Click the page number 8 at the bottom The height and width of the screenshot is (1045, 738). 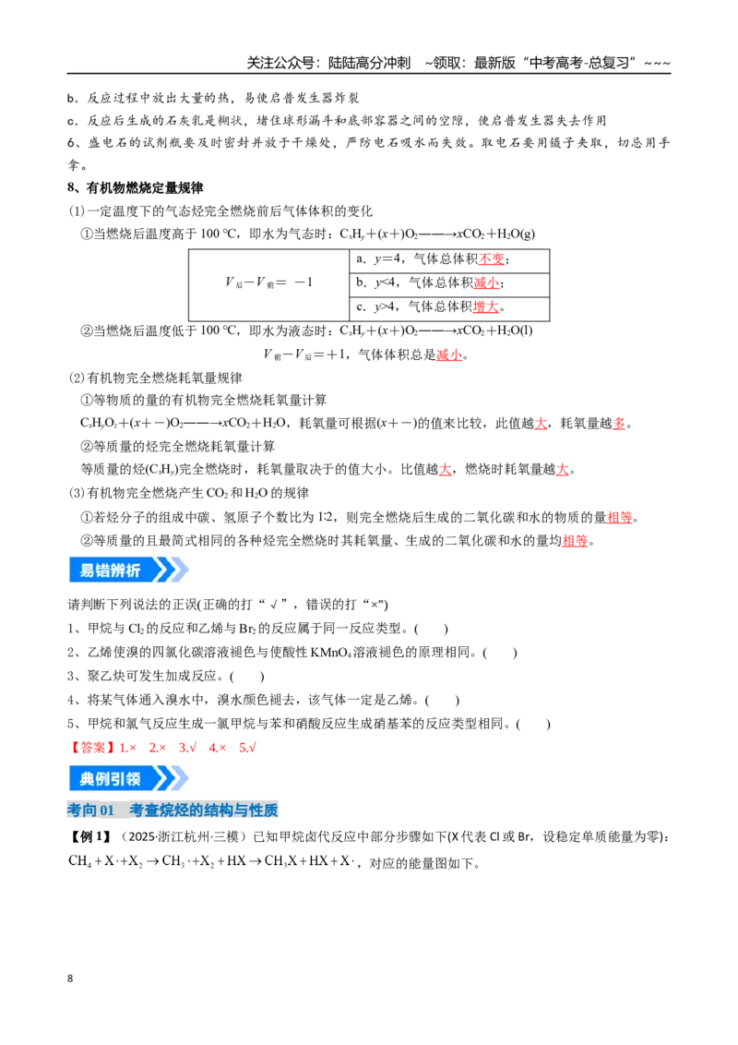70,979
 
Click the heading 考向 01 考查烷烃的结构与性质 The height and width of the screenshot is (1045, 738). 173,811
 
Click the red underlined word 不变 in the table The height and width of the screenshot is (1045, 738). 491,259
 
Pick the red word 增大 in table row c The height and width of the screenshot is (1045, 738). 485,306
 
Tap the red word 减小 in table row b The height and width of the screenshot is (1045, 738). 486,282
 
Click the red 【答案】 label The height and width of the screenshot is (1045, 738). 92,748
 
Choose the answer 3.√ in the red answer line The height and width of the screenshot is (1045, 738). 187,748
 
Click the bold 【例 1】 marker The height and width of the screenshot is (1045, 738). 91,836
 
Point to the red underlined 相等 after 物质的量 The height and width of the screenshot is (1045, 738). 619,517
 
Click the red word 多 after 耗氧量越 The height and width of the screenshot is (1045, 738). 619,423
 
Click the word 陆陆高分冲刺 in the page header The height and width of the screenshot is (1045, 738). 370,63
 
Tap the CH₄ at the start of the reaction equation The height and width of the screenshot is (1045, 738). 79,861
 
